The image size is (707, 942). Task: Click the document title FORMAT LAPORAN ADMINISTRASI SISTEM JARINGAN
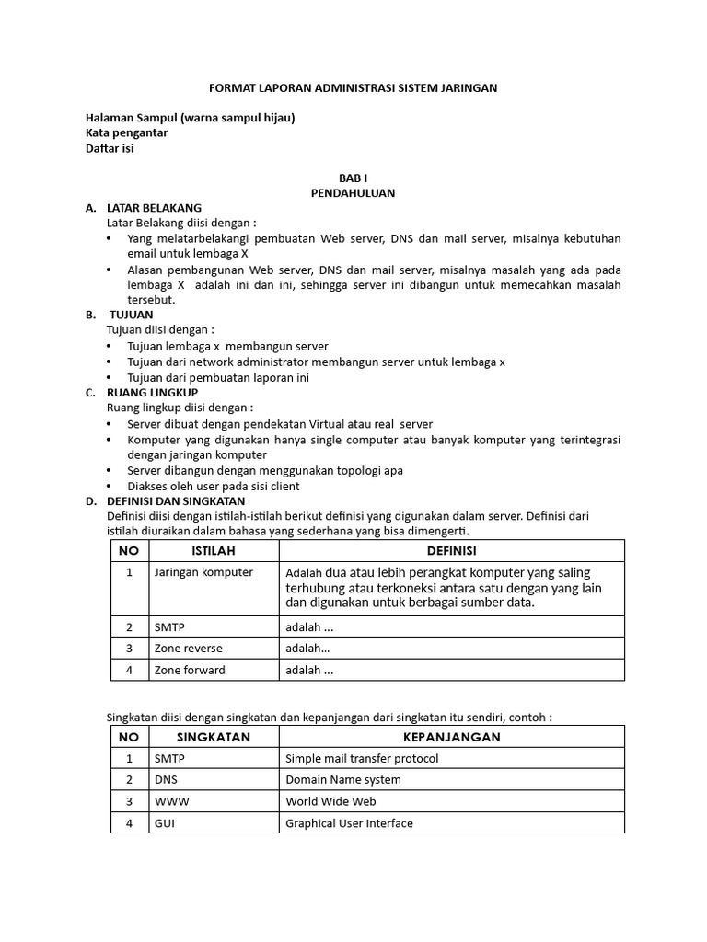click(353, 88)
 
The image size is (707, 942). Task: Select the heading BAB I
click(353, 178)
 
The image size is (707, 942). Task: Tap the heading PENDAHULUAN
click(353, 193)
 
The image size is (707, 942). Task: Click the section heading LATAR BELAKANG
click(154, 208)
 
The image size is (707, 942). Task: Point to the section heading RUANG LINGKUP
click(152, 393)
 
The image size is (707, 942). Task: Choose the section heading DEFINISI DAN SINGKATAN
click(176, 501)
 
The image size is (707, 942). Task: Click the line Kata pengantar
click(126, 132)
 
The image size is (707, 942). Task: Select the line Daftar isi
click(110, 148)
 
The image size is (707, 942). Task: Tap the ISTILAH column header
click(214, 551)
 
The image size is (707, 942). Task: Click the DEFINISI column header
click(451, 551)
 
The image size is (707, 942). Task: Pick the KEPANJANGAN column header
click(451, 738)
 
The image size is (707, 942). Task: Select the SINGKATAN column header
click(214, 738)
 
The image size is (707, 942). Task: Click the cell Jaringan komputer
click(203, 572)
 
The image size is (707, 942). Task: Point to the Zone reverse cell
click(189, 649)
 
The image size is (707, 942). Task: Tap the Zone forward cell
click(190, 671)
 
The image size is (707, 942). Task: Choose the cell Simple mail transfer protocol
click(362, 759)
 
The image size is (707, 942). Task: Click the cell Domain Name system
click(343, 780)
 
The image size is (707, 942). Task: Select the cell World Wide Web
click(331, 802)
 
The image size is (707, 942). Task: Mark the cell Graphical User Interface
click(349, 823)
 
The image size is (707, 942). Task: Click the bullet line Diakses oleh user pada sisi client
click(214, 486)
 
